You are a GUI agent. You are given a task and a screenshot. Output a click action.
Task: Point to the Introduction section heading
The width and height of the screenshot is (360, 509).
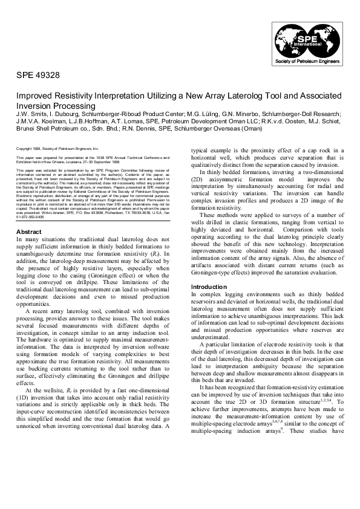(209, 287)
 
